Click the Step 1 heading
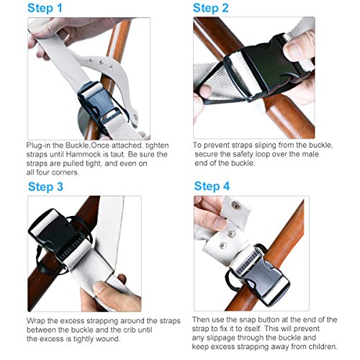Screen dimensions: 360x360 [45, 9]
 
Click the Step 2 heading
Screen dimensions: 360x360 [211, 8]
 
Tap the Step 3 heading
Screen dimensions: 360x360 [45, 187]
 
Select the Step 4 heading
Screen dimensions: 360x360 [212, 186]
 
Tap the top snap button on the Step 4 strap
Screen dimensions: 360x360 [235, 204]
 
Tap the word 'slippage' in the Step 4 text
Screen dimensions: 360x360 [221, 338]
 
